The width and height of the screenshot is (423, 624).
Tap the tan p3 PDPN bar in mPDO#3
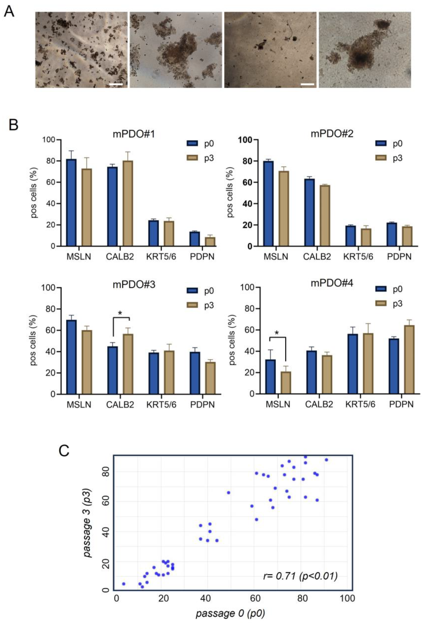tap(210, 378)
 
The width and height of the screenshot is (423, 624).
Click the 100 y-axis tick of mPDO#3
tap(48, 288)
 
